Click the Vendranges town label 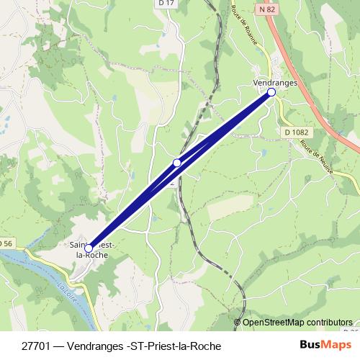276,83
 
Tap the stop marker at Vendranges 271,92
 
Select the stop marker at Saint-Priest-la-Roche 89,248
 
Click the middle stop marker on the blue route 177,163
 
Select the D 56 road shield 6,243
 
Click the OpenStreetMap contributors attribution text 297,323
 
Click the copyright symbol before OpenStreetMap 238,323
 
